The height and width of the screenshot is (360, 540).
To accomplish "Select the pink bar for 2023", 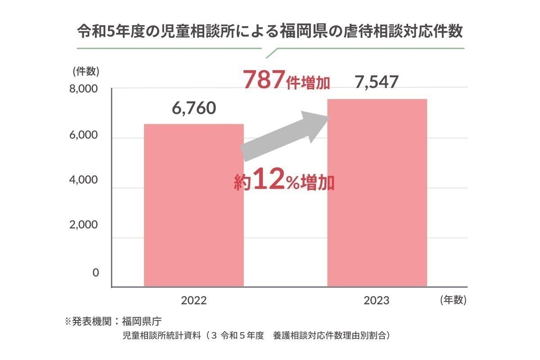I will (377, 193).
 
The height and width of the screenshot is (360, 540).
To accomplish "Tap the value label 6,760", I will (194, 108).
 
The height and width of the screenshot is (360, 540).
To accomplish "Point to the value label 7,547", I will (377, 83).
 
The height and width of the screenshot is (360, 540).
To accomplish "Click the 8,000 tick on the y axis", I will (83, 89).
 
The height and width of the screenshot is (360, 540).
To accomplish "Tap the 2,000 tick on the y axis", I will (83, 225).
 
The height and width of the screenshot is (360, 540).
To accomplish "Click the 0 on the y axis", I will (95, 273).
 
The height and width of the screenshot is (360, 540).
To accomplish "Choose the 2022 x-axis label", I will (194, 300).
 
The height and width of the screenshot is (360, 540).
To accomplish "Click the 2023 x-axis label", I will (377, 300).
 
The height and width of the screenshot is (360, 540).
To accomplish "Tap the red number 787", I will (264, 80).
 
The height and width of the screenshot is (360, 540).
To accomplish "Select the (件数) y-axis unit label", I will (85, 71).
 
